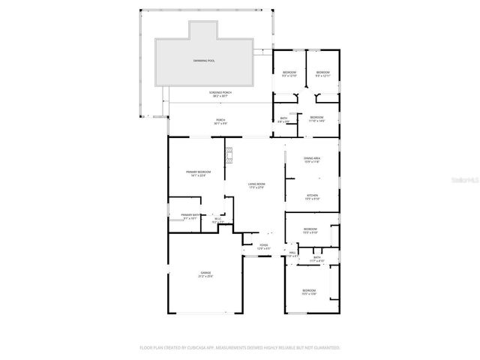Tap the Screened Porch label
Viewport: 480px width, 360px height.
220,92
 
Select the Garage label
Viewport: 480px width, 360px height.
205,272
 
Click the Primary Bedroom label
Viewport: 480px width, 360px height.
199,172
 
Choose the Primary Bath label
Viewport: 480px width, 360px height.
190,215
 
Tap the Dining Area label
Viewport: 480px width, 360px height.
312,158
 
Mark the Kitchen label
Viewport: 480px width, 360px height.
312,196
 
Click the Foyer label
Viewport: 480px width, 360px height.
263,245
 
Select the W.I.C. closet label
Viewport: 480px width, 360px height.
218,219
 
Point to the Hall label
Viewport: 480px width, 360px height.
292,253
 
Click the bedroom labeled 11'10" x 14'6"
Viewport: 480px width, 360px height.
316,117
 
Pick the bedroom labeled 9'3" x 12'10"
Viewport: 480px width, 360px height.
289,73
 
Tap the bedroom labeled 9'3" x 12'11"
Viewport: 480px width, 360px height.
322,73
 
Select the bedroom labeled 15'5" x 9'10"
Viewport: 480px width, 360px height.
310,229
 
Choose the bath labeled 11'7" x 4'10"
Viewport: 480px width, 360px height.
317,258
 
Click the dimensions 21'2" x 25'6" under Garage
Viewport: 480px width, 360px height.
205,277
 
